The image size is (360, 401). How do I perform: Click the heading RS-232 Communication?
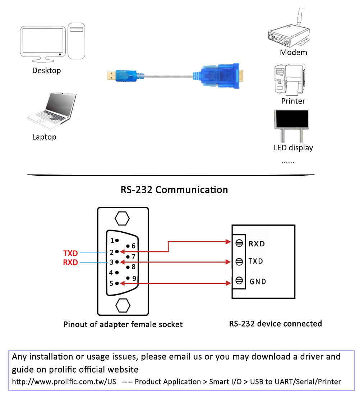coord(174,190)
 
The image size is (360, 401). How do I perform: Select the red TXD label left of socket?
coord(70,253)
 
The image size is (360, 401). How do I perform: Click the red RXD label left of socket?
coord(70,262)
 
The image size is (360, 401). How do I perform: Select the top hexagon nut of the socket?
coord(122,218)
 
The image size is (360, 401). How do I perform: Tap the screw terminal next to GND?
coord(238,281)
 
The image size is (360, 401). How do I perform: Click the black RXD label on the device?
coord(257,243)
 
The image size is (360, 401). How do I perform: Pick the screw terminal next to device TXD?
coord(238,261)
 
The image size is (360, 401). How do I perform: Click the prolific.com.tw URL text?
coord(64,382)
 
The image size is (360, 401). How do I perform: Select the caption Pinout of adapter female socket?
coord(123,324)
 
